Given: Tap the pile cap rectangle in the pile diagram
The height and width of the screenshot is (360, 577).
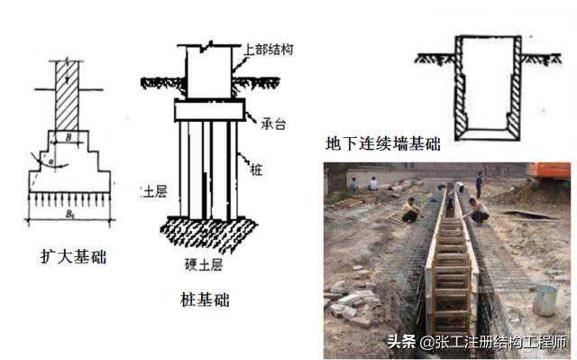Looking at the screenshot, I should pos(209,110).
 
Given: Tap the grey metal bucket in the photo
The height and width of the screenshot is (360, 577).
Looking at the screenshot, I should pos(544,300).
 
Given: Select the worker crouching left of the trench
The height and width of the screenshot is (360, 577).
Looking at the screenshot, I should pos(411,210).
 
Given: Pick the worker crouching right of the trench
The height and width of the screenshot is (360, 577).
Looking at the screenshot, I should pos(477,211).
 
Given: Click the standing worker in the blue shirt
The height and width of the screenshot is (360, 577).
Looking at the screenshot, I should pos(479,183).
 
